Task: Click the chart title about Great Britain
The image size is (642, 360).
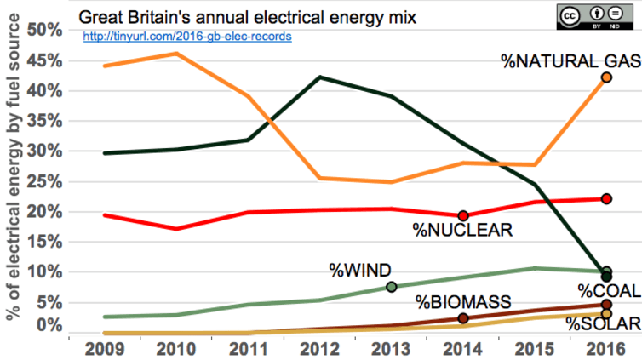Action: [x=247, y=15]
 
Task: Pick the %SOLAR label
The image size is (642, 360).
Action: [x=603, y=323]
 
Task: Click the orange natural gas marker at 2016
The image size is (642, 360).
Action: [x=607, y=77]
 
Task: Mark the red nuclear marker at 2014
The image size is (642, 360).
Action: [x=463, y=216]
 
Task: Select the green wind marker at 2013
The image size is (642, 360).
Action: [x=392, y=287]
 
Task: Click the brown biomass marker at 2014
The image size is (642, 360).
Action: [x=463, y=318]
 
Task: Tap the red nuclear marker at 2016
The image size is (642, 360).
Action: [x=607, y=198]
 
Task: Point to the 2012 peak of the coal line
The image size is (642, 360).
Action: [x=319, y=77]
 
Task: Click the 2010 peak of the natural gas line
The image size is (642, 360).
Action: [x=175, y=54]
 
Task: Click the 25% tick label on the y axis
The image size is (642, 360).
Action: [x=44, y=181]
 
